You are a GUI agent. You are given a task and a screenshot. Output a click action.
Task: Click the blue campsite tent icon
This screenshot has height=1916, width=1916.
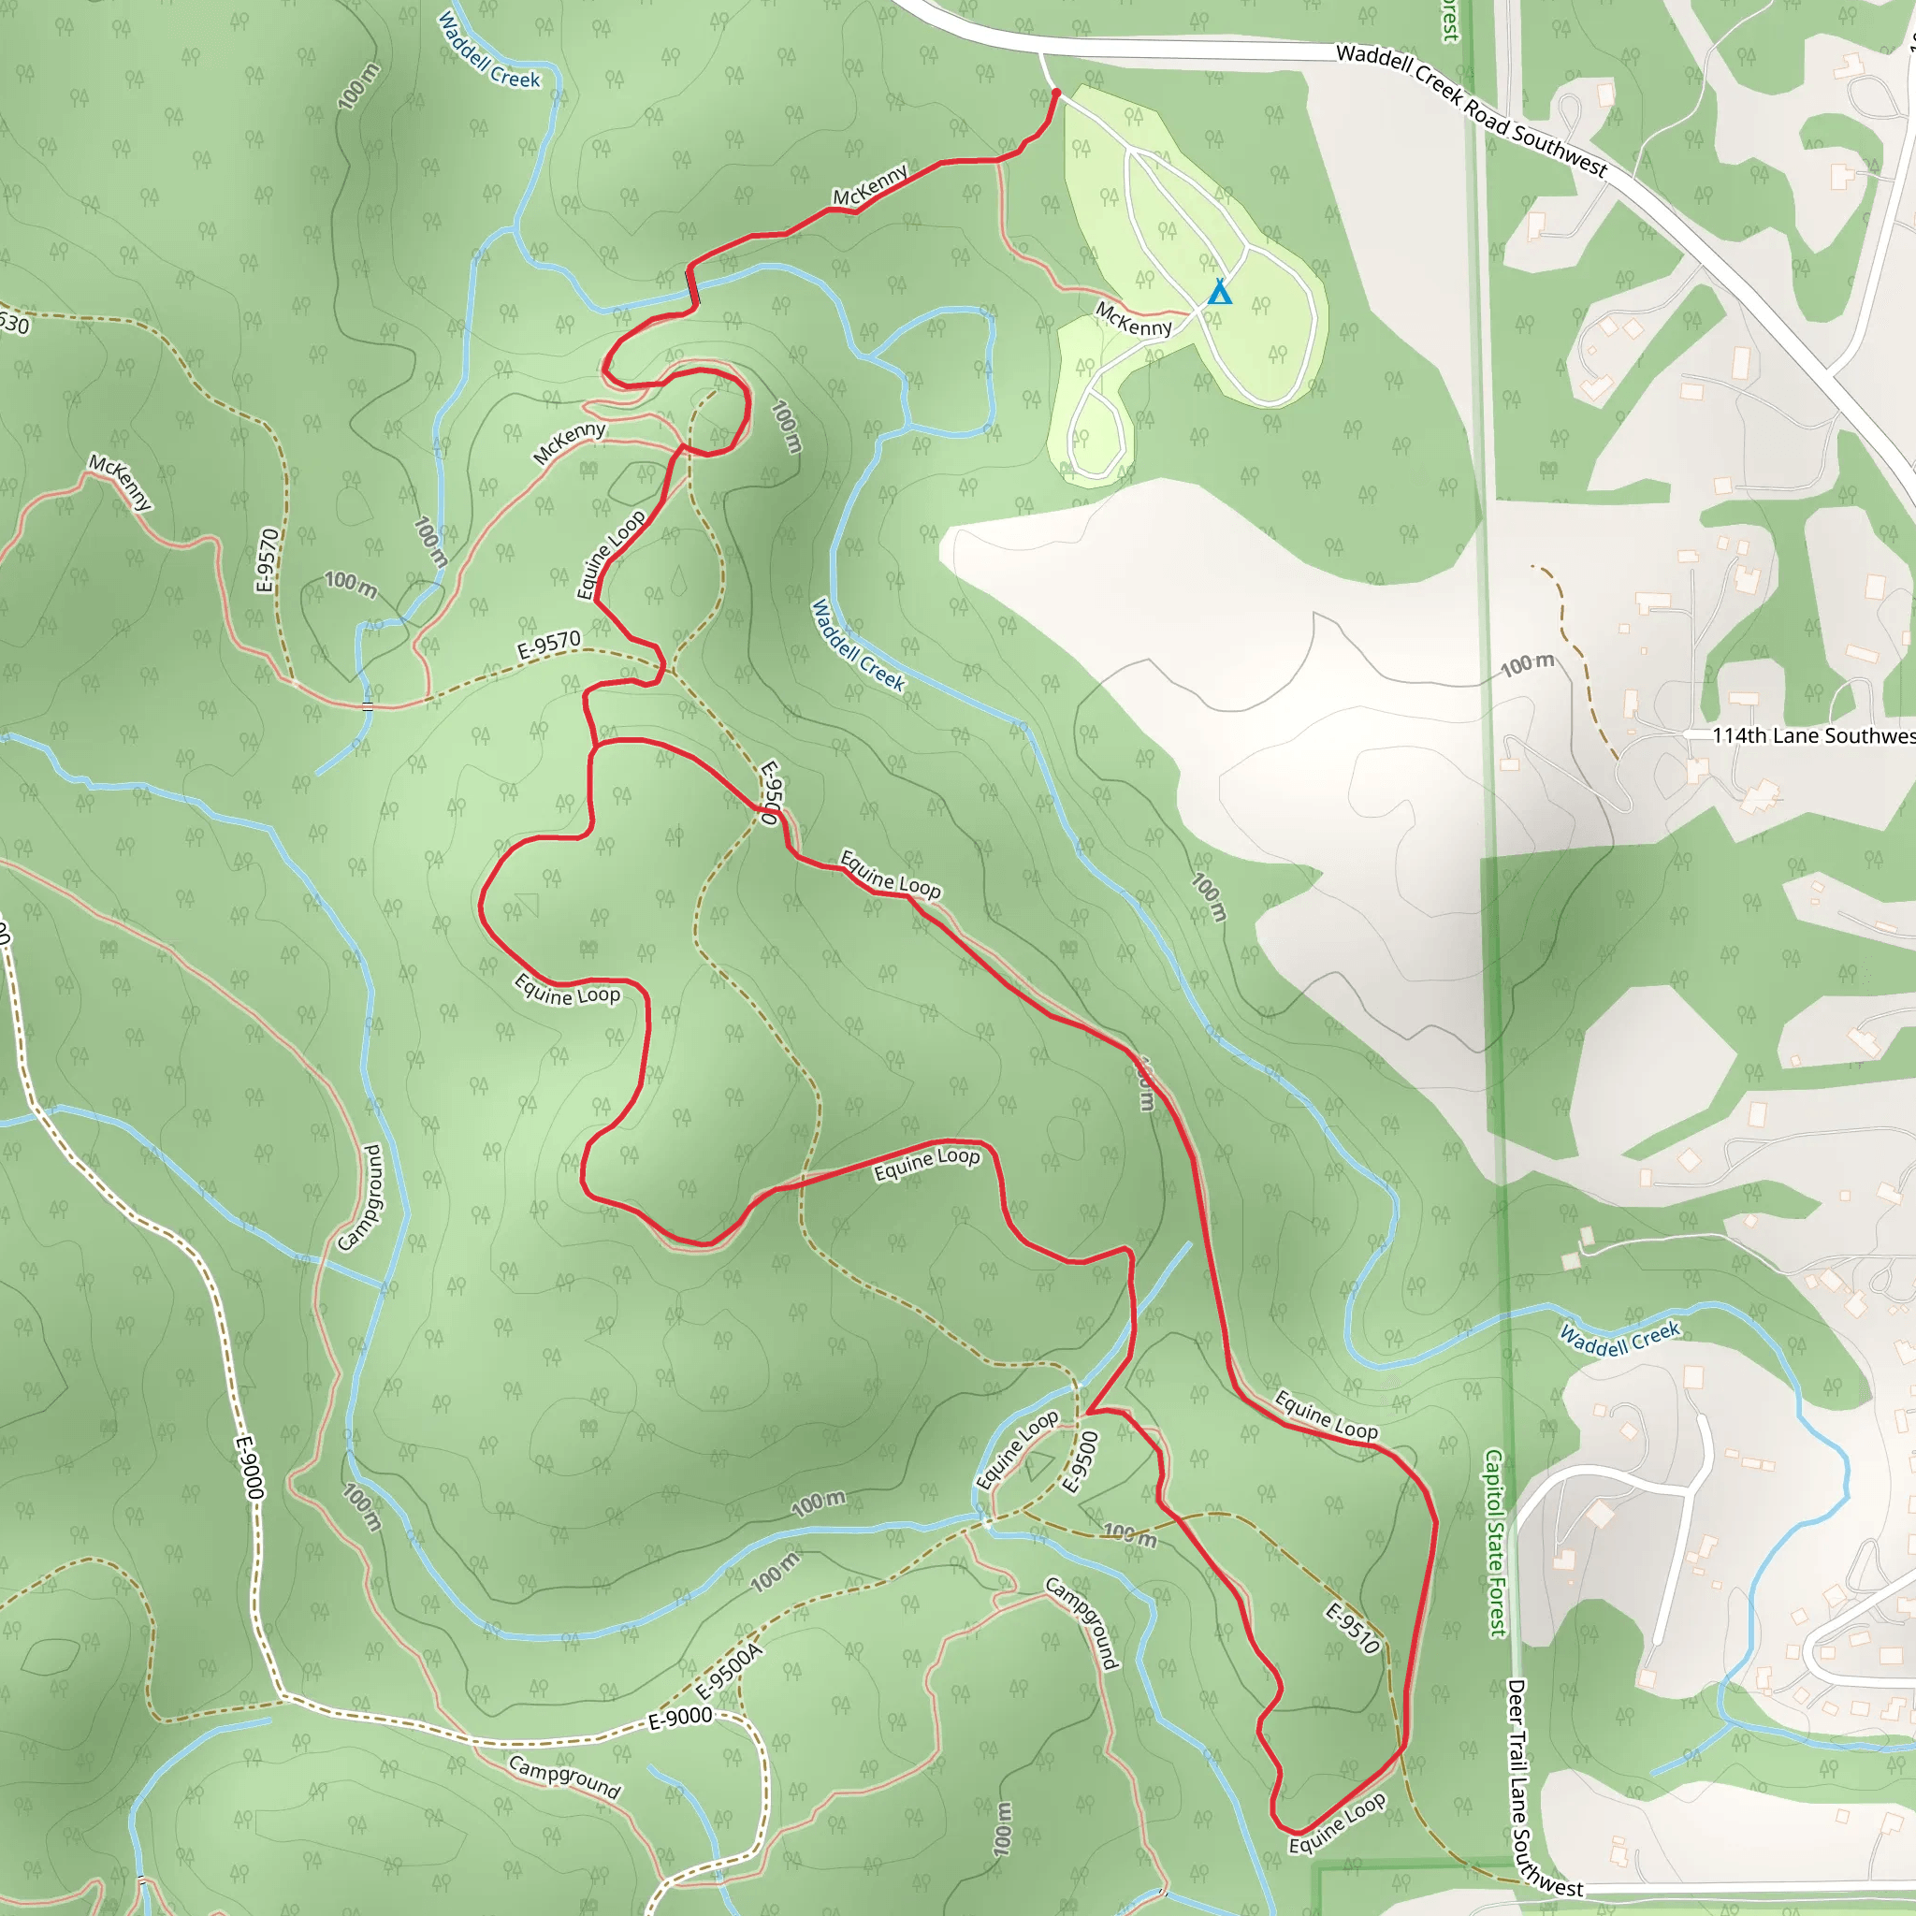pyautogui.click(x=1219, y=293)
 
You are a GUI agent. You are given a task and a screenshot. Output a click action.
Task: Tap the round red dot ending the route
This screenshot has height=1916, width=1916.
pyautogui.click(x=1056, y=94)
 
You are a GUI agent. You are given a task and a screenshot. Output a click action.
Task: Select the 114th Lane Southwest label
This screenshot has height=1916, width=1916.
pyautogui.click(x=1813, y=734)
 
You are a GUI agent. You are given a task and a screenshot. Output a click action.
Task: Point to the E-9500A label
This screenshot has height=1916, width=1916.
pyautogui.click(x=729, y=1670)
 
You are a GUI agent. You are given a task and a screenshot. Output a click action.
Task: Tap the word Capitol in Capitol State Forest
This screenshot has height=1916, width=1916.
pyautogui.click(x=1493, y=1488)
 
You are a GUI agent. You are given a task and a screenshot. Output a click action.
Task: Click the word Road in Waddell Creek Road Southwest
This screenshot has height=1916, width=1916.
pyautogui.click(x=1488, y=118)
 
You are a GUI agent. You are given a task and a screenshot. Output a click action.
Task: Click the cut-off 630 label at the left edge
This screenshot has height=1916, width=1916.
pyautogui.click(x=14, y=324)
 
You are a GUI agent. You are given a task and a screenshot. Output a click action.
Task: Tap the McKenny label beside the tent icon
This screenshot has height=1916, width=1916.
pyautogui.click(x=1133, y=319)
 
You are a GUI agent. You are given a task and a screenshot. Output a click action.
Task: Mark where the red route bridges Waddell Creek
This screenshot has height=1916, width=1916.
pyautogui.click(x=693, y=286)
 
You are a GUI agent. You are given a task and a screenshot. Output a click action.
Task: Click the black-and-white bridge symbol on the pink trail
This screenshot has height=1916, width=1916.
pyautogui.click(x=368, y=706)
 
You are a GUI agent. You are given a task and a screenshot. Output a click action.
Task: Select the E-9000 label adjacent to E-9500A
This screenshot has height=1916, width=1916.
pyautogui.click(x=680, y=1717)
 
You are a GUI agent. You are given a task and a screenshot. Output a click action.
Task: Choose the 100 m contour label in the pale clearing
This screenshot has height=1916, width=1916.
pyautogui.click(x=1527, y=664)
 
